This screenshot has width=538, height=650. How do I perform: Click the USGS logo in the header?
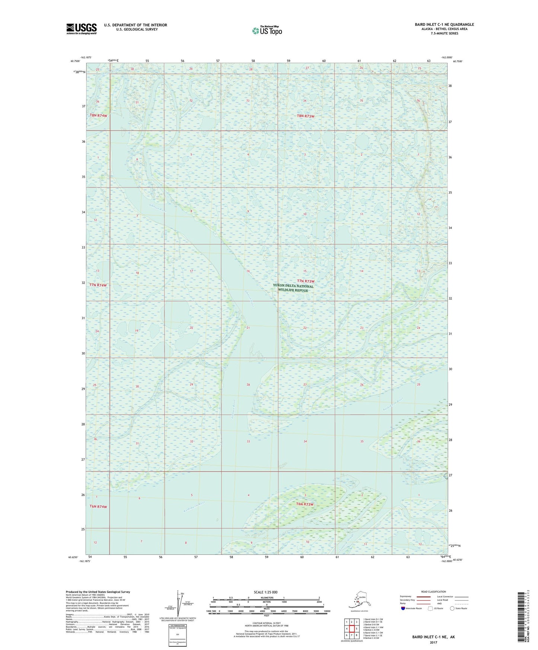pos(81,29)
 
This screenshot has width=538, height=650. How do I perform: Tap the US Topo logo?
pos(267,31)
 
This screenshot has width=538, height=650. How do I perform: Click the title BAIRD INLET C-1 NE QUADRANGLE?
pos(444,25)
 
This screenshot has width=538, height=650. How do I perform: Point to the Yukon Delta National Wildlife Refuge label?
pos(293,288)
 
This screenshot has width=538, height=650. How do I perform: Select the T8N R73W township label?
pos(305,116)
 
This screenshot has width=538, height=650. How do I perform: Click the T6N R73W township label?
pos(305,504)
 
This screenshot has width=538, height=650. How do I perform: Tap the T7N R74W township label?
pos(98,285)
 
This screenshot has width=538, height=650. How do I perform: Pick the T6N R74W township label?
pos(98,506)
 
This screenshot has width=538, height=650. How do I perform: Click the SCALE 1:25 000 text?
pos(265,592)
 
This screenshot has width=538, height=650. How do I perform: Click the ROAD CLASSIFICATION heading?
pos(433,592)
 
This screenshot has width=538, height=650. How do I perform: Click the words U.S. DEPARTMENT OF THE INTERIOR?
pos(136,25)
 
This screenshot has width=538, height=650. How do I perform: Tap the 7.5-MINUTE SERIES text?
pos(444,34)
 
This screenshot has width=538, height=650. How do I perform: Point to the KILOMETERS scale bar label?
pos(266,598)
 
